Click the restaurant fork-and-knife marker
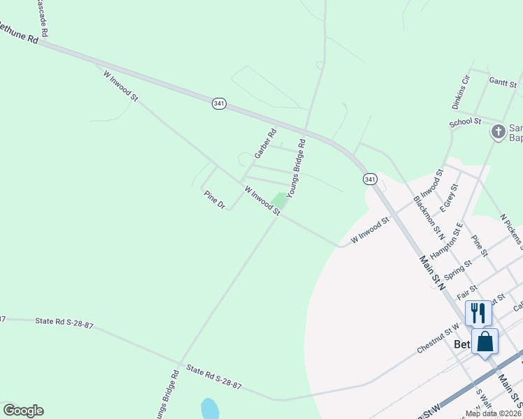[478, 312]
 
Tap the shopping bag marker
[485, 342]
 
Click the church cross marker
[498, 131]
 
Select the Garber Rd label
[265, 142]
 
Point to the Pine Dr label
[215, 200]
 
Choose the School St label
[465, 122]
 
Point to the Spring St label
[459, 269]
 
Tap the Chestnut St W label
[439, 332]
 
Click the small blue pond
[209, 408]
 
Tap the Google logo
[23, 411]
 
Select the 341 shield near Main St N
[370, 179]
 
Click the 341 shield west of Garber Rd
[220, 103]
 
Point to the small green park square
[280, 200]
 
